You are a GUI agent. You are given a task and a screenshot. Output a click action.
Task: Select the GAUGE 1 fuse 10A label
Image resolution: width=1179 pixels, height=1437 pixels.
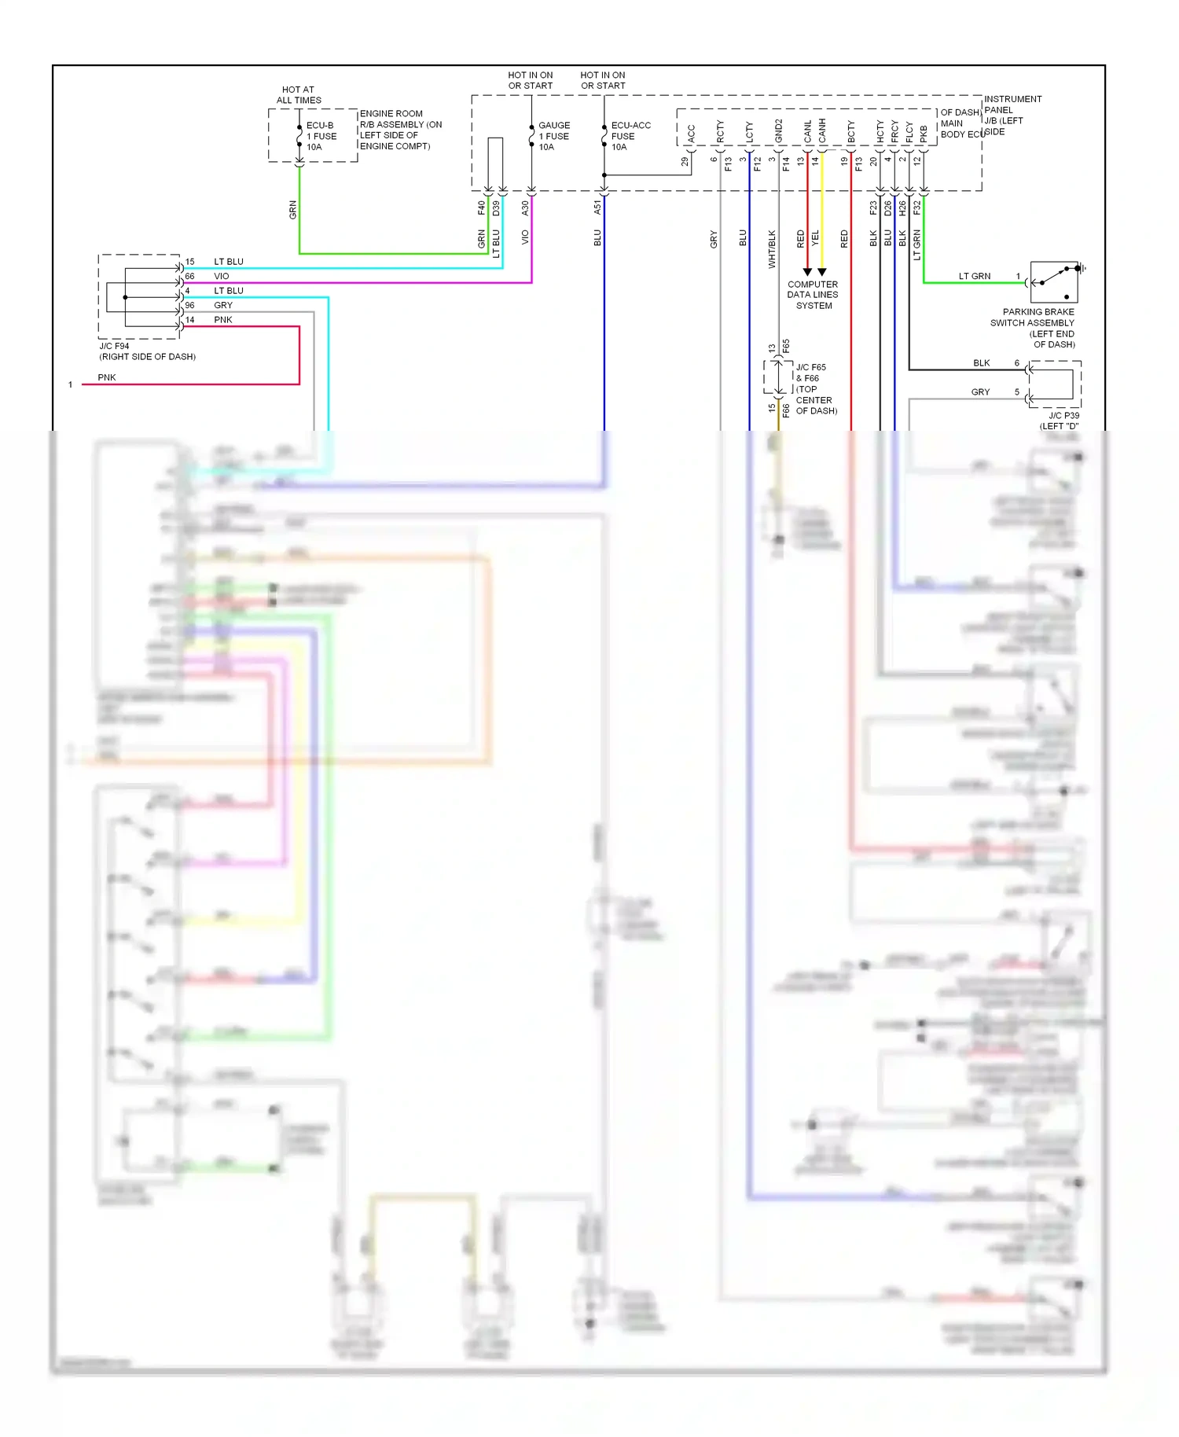tap(554, 136)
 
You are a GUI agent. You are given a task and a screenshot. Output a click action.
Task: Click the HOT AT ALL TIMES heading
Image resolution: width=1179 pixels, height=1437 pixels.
tap(299, 95)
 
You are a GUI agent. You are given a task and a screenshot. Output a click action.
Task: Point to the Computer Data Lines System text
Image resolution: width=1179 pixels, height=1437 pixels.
tap(813, 295)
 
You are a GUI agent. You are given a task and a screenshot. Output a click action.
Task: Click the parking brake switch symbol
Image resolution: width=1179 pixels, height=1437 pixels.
tap(1054, 282)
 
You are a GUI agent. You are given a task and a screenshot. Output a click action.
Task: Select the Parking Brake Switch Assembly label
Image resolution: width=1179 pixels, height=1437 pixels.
tap(1034, 328)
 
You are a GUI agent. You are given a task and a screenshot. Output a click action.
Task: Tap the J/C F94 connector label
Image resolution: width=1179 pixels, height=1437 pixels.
tap(147, 351)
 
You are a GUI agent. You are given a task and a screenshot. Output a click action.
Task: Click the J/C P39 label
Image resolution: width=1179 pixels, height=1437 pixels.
tap(1061, 421)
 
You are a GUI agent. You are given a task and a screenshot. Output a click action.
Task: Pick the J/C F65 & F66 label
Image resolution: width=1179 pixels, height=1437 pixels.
tap(815, 388)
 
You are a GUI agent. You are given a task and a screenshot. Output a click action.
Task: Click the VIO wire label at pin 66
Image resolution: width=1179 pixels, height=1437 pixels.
tap(222, 277)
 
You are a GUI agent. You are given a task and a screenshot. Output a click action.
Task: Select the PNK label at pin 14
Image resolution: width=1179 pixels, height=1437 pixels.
tap(223, 320)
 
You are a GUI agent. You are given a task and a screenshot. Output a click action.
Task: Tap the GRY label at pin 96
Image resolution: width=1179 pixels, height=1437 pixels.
tap(223, 306)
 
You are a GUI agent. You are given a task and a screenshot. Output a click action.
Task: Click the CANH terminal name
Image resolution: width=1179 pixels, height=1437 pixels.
tap(822, 130)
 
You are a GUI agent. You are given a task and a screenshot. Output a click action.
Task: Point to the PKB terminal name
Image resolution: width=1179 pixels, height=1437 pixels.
tap(924, 133)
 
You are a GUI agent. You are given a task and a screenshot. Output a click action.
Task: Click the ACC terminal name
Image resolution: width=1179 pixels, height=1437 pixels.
tap(692, 134)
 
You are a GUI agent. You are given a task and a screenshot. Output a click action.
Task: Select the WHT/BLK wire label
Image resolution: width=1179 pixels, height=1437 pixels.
tap(772, 248)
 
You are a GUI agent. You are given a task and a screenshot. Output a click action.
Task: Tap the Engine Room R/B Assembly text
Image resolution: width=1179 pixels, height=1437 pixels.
tap(400, 130)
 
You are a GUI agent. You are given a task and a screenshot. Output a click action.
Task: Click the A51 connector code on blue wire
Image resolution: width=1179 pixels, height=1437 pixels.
tap(597, 208)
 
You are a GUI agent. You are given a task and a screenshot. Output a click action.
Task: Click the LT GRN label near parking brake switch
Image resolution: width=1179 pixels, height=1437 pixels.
tap(974, 277)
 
